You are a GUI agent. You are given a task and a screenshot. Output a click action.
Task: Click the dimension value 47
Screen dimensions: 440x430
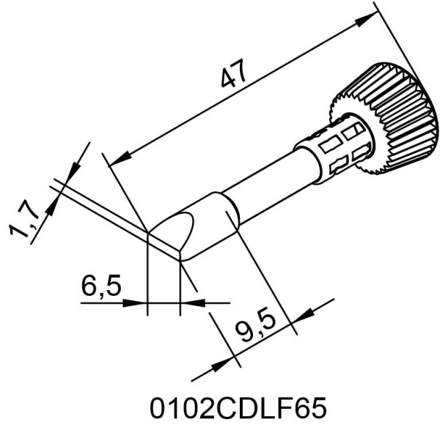[x=233, y=73]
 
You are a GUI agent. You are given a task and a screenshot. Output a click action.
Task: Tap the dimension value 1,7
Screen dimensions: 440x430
[x=23, y=223]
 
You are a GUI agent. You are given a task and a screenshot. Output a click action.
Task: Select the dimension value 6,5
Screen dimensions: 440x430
[x=101, y=285]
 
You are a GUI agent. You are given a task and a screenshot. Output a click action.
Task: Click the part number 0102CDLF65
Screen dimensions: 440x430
[x=238, y=408]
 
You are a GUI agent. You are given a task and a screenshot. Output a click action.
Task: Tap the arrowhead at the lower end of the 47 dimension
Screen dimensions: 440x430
[x=120, y=159]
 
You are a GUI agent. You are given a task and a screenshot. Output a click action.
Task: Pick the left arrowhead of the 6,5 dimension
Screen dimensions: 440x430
[x=136, y=303]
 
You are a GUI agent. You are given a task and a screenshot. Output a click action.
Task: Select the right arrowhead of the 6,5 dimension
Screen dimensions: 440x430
[x=192, y=303]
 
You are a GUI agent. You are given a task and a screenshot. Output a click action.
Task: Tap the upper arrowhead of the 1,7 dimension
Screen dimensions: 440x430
[x=73, y=171]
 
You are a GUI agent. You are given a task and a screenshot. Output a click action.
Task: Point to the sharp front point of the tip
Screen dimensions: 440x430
[x=148, y=232]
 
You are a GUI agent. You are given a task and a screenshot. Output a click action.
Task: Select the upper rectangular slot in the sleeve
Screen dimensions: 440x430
[x=354, y=131]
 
